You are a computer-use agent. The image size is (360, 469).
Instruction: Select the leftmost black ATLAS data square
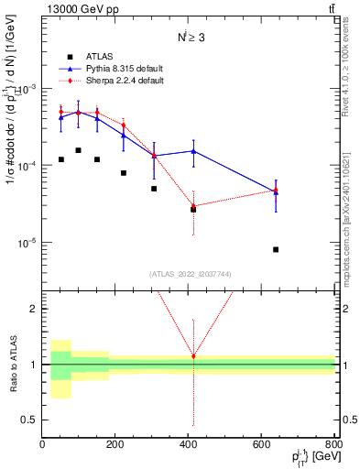tap(60, 159)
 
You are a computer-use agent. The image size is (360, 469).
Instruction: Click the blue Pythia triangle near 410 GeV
tap(193, 151)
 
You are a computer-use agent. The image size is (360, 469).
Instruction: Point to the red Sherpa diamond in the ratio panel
tap(193, 356)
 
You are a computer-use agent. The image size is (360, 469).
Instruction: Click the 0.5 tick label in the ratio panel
tap(31, 420)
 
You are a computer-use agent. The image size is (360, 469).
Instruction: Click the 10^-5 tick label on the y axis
tap(27, 243)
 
